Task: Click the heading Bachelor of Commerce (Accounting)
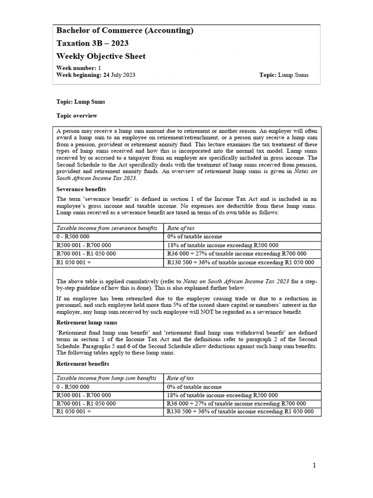125,31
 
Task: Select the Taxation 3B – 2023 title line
92,43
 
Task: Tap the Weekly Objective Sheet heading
101,56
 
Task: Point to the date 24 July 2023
119,75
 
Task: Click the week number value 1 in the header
100,68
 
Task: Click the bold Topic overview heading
77,116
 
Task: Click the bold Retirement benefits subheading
83,364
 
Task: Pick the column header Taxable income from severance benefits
107,228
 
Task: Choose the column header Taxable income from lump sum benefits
106,378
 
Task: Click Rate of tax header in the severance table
181,228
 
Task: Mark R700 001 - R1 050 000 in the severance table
86,253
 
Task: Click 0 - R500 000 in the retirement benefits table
73,387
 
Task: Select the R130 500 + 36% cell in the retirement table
240,411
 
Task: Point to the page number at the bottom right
314,465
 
